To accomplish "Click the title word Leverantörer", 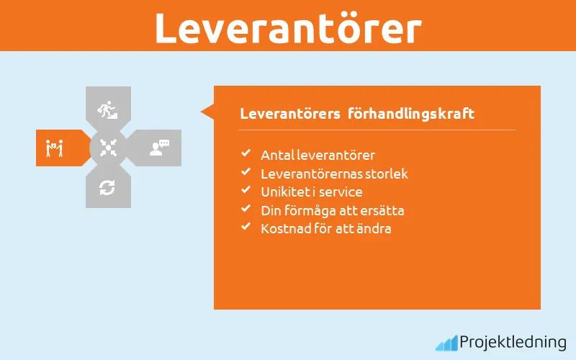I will (288, 27).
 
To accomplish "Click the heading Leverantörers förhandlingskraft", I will (357, 114).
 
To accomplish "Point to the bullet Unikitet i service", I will (311, 192).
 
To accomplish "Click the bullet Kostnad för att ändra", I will (325, 229).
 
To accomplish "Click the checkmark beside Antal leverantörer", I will (246, 154).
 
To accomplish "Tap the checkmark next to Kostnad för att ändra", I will (246, 228).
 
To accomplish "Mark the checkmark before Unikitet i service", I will (246, 192).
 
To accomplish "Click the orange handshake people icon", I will (55, 148).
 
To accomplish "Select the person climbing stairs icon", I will (107, 109).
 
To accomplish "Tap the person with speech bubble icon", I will (159, 148).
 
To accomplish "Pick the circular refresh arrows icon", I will (107, 188).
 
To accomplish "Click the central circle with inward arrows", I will (108, 148).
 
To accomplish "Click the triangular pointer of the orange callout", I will (207, 112).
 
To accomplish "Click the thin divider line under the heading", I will (377, 130).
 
